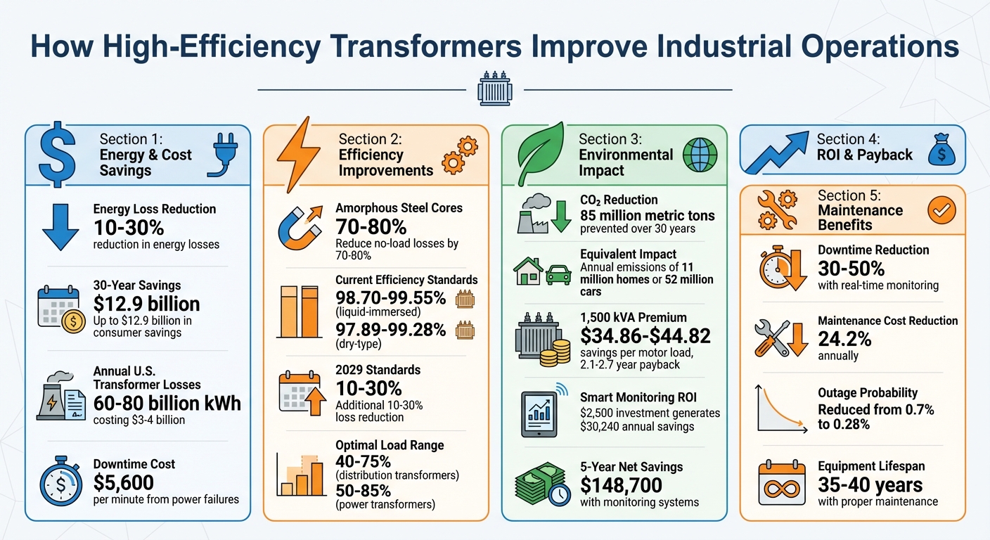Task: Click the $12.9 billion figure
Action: [146, 304]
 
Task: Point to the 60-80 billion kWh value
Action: [167, 403]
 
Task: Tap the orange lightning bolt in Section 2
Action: [297, 151]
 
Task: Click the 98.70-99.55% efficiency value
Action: [390, 298]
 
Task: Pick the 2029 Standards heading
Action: [378, 370]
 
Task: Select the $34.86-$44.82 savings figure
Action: [645, 336]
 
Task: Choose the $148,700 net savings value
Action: [621, 485]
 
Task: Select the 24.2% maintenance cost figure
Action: [844, 339]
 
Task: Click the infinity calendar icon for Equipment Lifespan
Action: [780, 484]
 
